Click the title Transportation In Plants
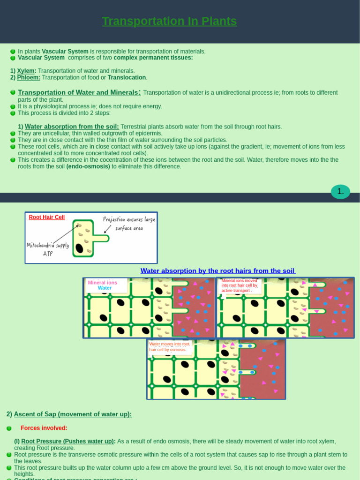[x=169, y=22]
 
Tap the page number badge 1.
[x=340, y=191]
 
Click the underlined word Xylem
[x=26, y=71]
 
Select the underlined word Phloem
[x=29, y=77]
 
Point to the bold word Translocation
[x=127, y=77]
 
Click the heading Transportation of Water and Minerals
[x=79, y=92]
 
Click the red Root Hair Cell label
[x=46, y=217]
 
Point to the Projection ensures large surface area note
[x=129, y=224]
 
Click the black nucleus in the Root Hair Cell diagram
[x=79, y=248]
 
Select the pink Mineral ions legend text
[x=102, y=283]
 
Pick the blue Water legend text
[x=105, y=288]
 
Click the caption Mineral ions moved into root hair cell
[x=240, y=285]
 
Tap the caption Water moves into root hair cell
[x=168, y=347]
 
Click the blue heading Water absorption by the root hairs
[x=218, y=271]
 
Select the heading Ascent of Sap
[x=73, y=414]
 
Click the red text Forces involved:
[x=44, y=428]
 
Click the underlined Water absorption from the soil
[x=72, y=127]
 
